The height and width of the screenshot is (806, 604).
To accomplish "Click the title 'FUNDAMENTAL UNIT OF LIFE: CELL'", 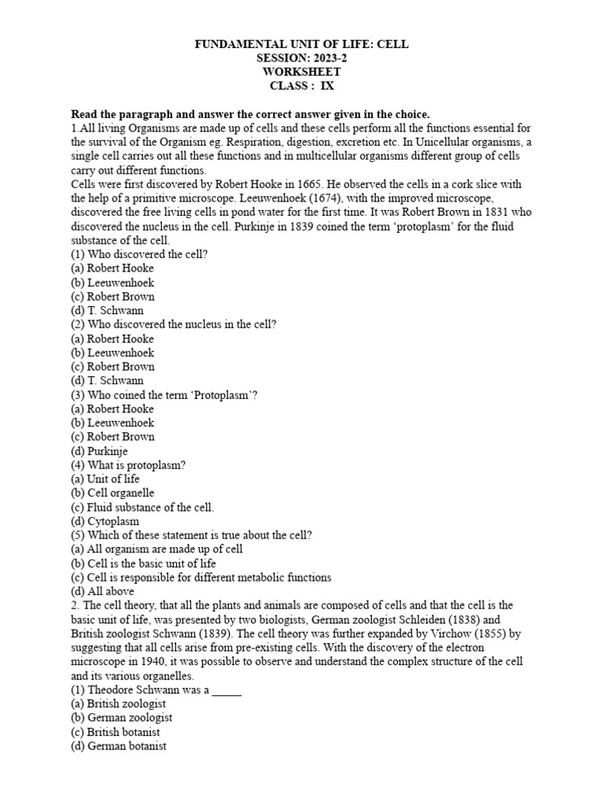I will [302, 45].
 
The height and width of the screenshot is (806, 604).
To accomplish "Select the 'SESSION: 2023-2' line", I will [302, 58].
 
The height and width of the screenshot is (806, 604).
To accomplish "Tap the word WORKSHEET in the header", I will [302, 72].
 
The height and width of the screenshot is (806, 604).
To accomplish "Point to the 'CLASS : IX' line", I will [302, 86].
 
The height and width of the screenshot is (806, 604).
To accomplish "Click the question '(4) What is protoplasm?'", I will [128, 465].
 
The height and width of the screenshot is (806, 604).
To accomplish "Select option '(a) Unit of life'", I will [105, 479].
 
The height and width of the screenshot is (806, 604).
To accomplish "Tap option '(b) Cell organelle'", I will [112, 493].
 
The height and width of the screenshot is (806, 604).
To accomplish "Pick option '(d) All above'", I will [102, 591].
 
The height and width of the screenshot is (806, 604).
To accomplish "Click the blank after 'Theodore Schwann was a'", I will [226, 690].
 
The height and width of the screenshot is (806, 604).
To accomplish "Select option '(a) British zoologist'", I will [121, 704].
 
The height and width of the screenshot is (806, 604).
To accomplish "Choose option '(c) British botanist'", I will [119, 732].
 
